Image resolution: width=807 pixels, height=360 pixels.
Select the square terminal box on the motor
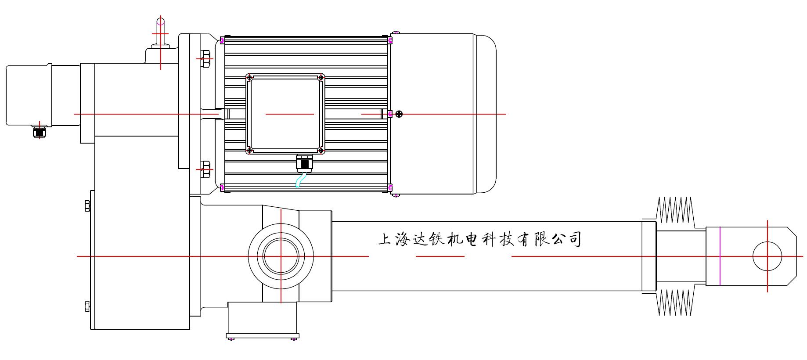pyautogui.click(x=285, y=114)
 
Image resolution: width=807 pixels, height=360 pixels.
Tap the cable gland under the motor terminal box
pyautogui.click(x=304, y=163)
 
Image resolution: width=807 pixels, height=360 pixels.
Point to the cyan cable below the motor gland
pyautogui.click(x=300, y=180)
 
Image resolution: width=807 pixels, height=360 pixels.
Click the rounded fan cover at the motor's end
pyautogui.click(x=485, y=114)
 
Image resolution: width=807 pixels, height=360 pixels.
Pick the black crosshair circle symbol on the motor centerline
pyautogui.click(x=399, y=114)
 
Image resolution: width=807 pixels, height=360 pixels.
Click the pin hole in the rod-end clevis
pyautogui.click(x=767, y=256)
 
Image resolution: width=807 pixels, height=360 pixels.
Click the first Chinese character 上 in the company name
pyautogui.click(x=385, y=239)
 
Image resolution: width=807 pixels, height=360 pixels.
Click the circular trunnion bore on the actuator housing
pyautogui.click(x=281, y=256)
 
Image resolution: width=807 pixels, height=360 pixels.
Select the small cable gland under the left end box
pyautogui.click(x=40, y=132)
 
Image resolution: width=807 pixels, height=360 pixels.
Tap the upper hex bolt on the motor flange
pyautogui.click(x=205, y=58)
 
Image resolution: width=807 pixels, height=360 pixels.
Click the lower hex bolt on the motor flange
pyautogui.click(x=205, y=169)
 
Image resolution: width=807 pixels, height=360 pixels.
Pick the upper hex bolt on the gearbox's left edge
pyautogui.click(x=87, y=205)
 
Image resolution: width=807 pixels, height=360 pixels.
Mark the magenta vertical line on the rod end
pyautogui.click(x=720, y=256)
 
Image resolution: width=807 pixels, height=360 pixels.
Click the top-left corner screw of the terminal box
pyautogui.click(x=250, y=78)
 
